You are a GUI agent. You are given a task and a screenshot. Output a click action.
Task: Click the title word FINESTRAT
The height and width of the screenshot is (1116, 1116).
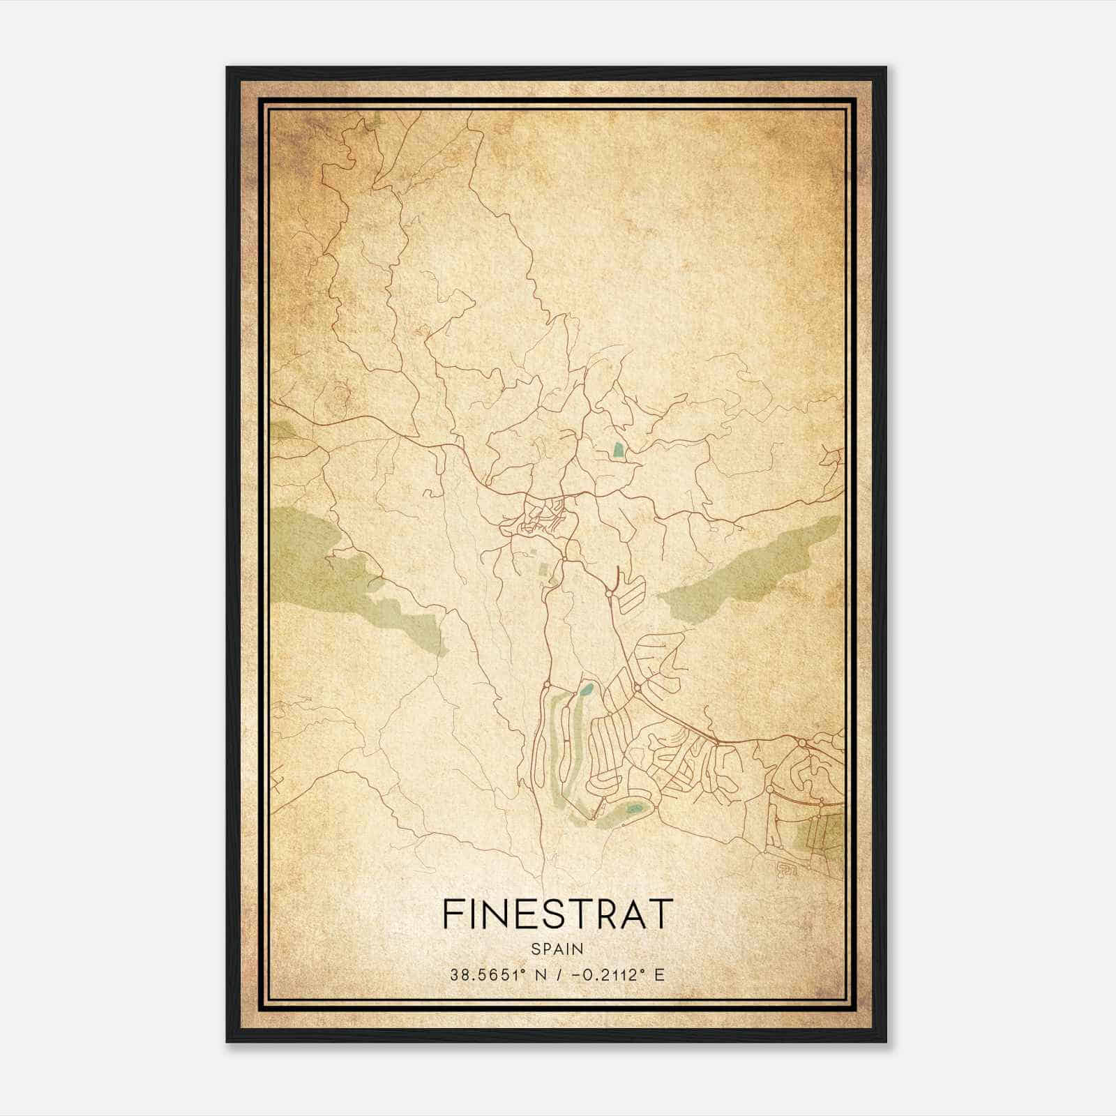click(557, 914)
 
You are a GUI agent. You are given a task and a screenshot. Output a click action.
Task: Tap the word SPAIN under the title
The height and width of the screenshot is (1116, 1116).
click(557, 949)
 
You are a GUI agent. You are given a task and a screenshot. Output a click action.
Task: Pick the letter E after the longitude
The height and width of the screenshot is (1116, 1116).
click(660, 974)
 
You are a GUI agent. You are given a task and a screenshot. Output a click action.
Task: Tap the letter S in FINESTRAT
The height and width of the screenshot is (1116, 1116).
click(564, 914)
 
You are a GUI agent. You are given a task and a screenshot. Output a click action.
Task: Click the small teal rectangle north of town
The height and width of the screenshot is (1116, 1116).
click(617, 451)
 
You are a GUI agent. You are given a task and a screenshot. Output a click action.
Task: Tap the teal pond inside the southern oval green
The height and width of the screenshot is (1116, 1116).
click(633, 809)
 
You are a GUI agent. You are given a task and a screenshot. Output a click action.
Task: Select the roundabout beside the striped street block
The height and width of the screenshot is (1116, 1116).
click(609, 594)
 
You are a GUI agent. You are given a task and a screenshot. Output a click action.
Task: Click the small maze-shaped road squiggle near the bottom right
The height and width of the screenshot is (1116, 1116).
click(786, 869)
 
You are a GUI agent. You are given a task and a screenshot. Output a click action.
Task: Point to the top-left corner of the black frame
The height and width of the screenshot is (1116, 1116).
click(227, 68)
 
